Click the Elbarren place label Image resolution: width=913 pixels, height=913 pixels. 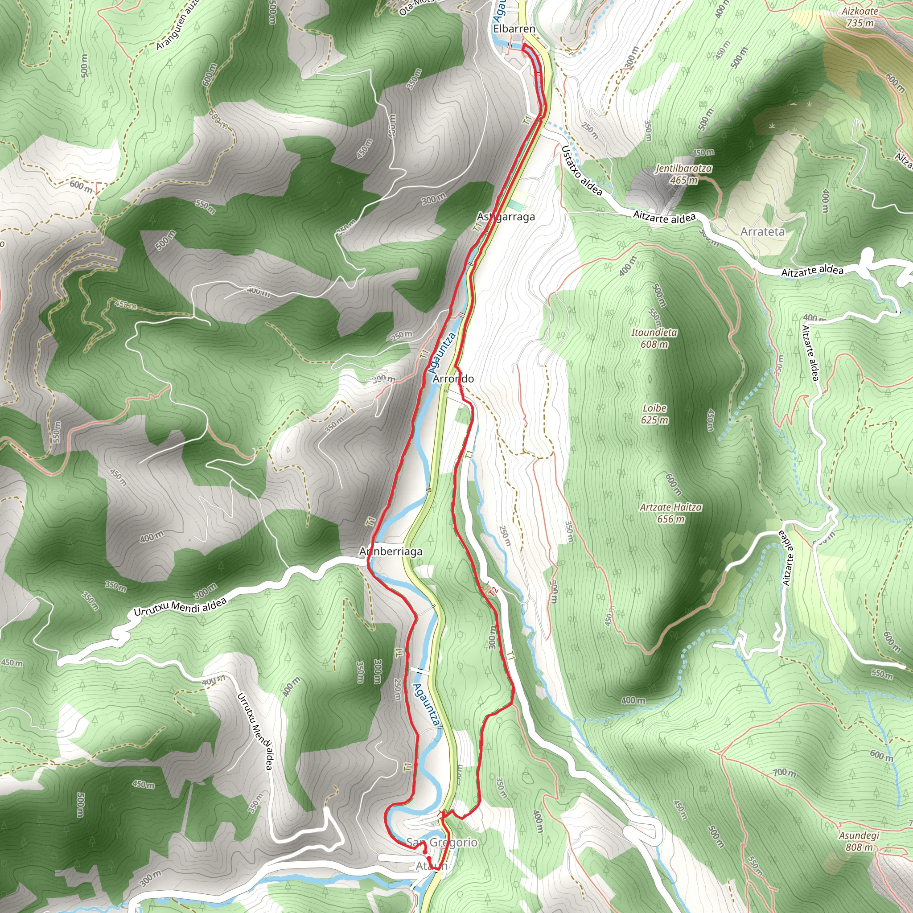[514, 29]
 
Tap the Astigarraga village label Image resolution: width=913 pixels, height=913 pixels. [506, 217]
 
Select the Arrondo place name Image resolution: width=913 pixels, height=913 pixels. [453, 379]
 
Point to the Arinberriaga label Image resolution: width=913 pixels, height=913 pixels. [391, 551]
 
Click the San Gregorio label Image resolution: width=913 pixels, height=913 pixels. [442, 842]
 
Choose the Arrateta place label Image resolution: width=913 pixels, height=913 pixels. [762, 231]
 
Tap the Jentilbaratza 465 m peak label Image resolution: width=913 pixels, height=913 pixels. [683, 174]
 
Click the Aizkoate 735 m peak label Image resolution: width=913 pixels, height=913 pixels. [860, 16]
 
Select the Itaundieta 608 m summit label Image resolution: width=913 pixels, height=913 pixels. [654, 338]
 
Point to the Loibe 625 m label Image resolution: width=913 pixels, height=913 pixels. [654, 414]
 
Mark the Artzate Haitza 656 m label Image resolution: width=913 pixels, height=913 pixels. [670, 513]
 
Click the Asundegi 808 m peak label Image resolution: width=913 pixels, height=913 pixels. [859, 841]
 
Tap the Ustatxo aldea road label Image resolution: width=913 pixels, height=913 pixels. [582, 171]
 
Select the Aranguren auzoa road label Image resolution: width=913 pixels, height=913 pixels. [179, 25]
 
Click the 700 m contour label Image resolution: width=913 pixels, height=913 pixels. [785, 773]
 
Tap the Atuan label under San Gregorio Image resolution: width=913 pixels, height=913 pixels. [431, 866]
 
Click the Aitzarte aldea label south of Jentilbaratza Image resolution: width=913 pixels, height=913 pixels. [664, 218]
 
